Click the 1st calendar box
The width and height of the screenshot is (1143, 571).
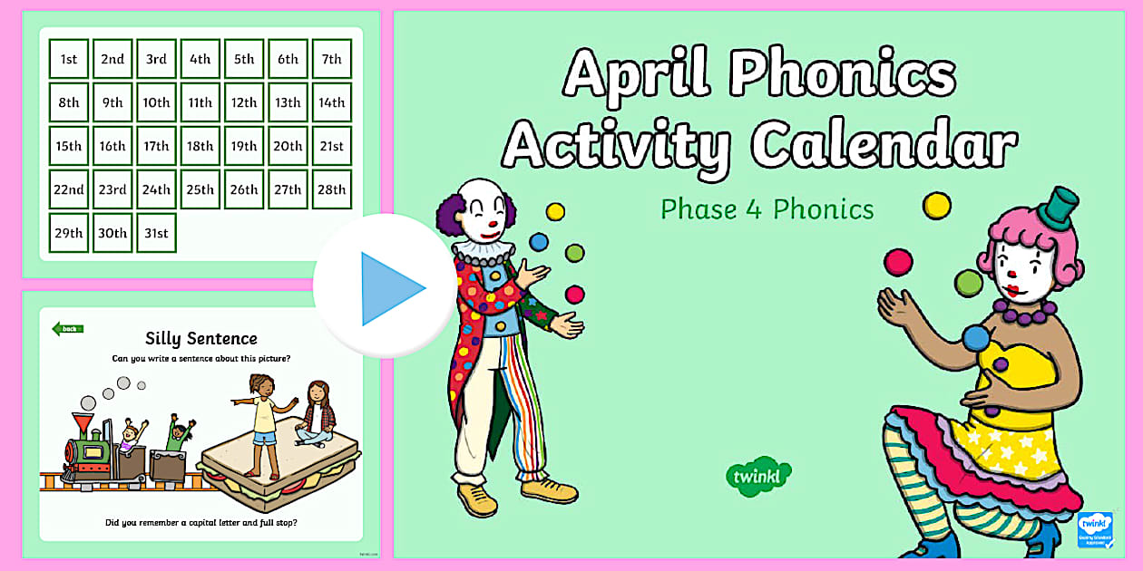point(69,59)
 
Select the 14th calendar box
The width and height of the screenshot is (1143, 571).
point(331,102)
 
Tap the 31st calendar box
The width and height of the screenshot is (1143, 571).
point(156,233)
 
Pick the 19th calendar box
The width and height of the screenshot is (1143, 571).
point(244,146)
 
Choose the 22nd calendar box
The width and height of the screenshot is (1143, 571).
point(69,189)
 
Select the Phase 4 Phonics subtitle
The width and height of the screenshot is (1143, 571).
point(767,209)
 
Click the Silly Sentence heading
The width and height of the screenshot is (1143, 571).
point(201,338)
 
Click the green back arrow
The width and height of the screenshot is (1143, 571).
point(67,329)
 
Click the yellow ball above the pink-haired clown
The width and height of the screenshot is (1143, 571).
point(936,205)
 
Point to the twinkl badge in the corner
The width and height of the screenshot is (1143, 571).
point(1094,529)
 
